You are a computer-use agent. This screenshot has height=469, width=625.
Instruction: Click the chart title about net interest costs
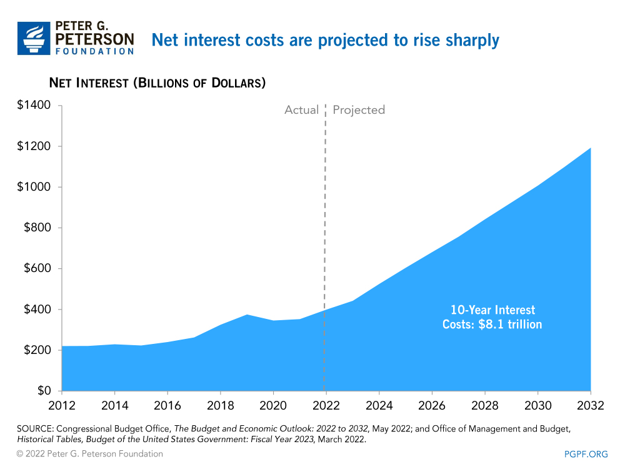325,40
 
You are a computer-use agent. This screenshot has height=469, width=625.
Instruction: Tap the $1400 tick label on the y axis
34,105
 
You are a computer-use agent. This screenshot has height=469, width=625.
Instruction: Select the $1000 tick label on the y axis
34,187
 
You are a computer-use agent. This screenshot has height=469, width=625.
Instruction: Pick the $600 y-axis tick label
37,268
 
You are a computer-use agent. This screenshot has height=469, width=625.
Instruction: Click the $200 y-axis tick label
37,350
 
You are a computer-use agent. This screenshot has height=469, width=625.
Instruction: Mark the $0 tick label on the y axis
43,391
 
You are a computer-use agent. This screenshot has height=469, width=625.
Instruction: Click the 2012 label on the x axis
61,405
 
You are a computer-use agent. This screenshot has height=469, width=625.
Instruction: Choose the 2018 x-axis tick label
220,405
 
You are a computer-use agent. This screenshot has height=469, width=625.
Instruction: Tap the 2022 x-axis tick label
326,405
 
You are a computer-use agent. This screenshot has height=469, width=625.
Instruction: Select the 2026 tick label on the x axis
432,405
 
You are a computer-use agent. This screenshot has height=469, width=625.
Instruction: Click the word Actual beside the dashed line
301,110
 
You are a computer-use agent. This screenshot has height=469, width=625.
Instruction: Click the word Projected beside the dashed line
359,110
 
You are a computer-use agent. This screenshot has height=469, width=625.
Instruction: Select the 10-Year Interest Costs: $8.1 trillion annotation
492,317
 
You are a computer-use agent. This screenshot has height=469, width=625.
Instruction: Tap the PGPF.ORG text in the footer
585,454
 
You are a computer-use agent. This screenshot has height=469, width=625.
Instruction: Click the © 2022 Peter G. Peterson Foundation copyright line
90,454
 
